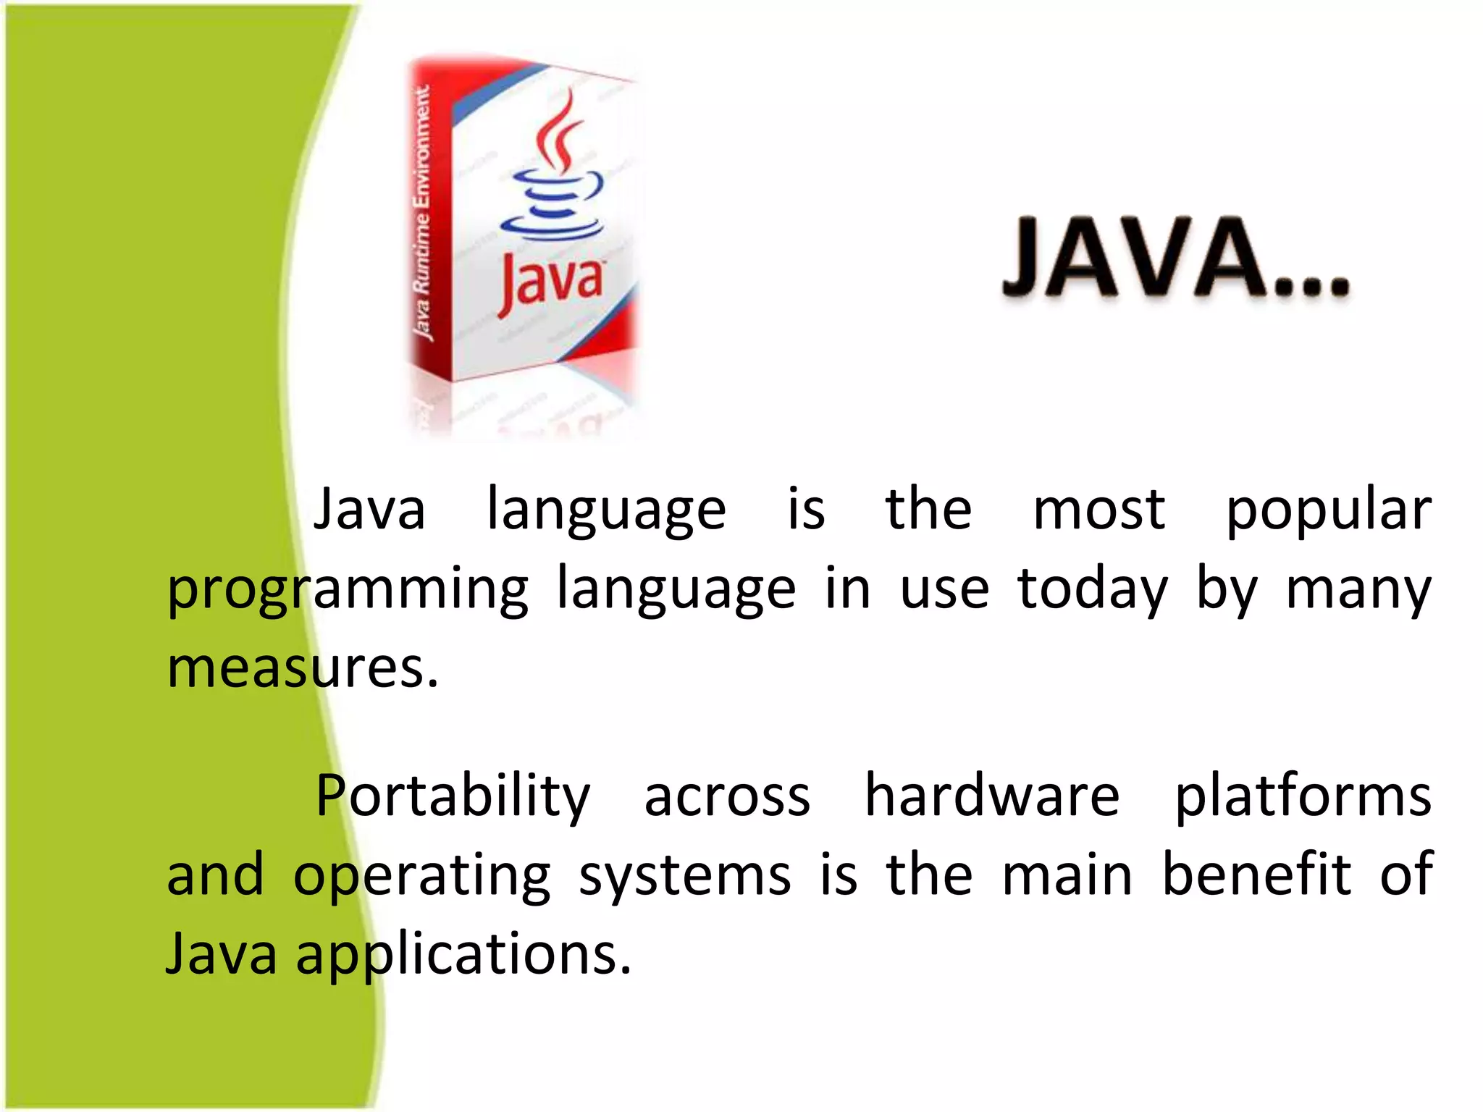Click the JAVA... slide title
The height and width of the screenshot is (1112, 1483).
pyautogui.click(x=1176, y=258)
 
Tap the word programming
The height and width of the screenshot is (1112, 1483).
pyautogui.click(x=348, y=591)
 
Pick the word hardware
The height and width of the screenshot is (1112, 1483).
pyautogui.click(x=992, y=796)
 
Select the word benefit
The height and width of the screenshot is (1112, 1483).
pyautogui.click(x=1257, y=875)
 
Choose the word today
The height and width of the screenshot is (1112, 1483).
pyautogui.click(x=1092, y=591)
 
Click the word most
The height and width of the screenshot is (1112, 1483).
pyautogui.click(x=1098, y=510)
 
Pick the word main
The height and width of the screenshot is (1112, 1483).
pyautogui.click(x=1067, y=875)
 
